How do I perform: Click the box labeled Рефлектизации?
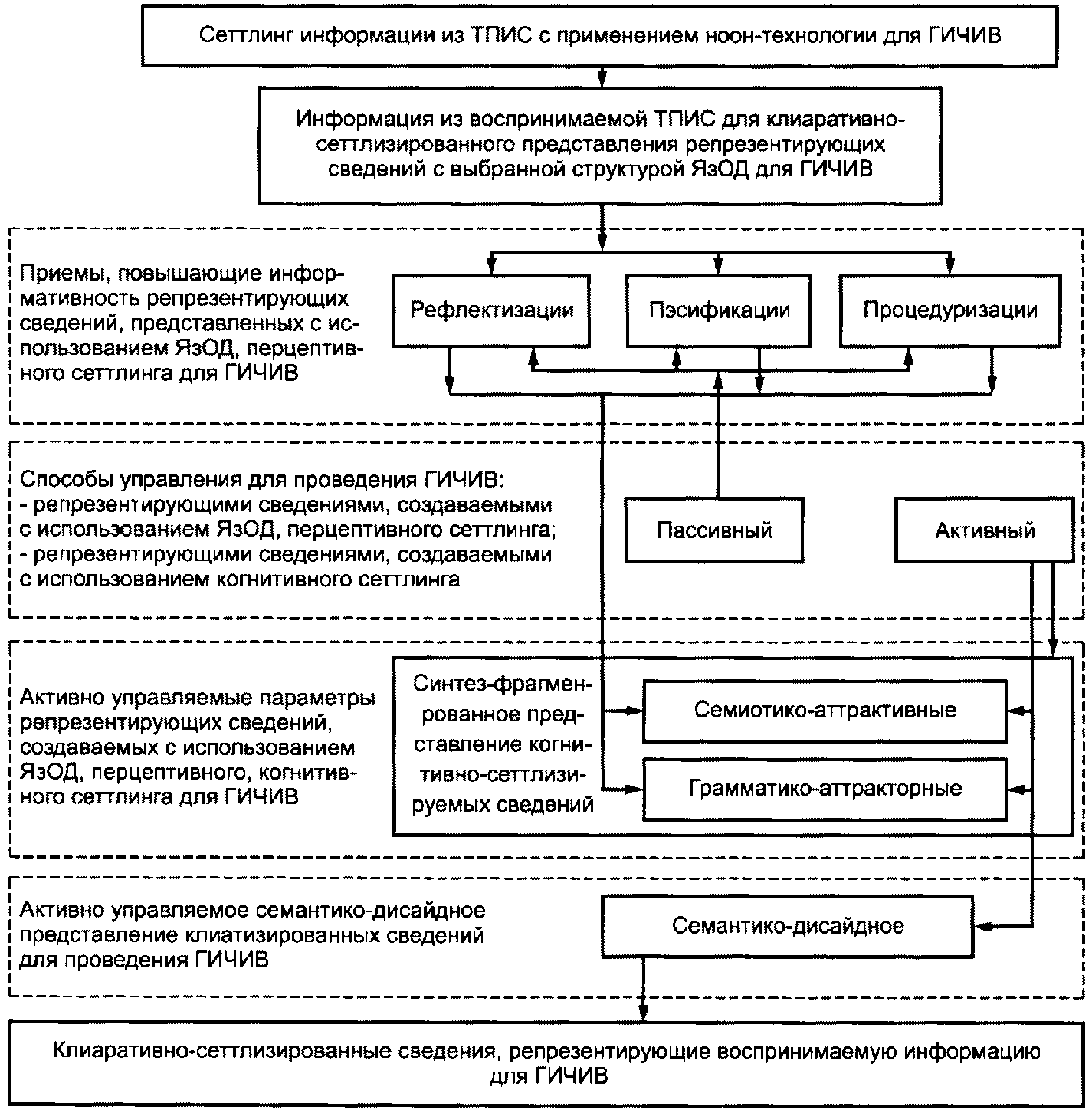491,310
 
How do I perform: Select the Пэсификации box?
718,310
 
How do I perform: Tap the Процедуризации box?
950,310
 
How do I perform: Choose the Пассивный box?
714,530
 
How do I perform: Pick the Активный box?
985,530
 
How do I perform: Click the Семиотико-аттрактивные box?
825,710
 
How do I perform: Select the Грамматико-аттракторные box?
825,789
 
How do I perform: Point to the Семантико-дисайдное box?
788,926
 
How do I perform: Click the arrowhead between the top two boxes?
602,78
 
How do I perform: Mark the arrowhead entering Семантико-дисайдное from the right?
982,927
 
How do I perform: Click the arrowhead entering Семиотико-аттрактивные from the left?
635,711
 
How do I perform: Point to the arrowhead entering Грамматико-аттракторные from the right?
1015,789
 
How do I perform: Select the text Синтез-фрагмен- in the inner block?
503,684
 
